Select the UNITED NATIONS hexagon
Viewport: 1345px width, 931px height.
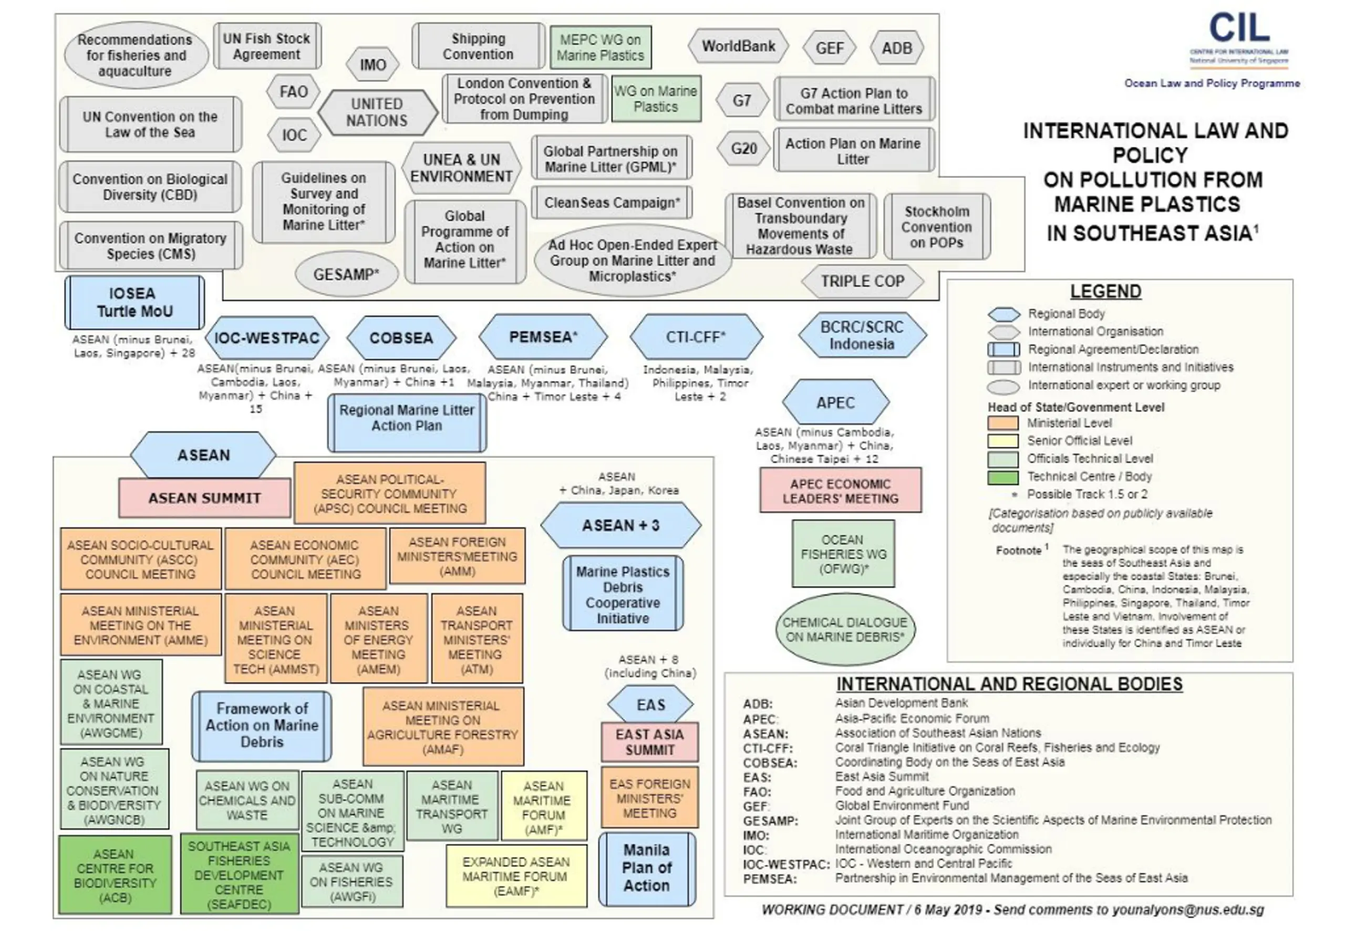[x=377, y=112]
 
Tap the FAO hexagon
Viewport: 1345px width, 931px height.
[x=293, y=91]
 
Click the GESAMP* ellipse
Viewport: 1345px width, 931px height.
[x=346, y=274]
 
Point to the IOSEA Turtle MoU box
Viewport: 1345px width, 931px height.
[x=134, y=302]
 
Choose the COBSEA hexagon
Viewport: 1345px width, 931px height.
[x=401, y=338]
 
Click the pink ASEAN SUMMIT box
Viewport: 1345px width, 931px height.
[x=204, y=498]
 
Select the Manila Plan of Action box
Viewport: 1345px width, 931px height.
[x=647, y=867]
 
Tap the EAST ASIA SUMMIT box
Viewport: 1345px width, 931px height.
[x=650, y=742]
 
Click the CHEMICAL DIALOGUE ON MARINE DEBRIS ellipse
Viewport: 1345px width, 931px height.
[x=844, y=629]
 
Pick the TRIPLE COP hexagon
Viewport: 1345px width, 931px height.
[x=862, y=281]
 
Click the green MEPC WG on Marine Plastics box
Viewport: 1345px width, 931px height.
[x=600, y=47]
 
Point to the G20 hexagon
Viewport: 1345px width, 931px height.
[x=743, y=149]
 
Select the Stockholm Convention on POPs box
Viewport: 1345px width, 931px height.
[x=937, y=227]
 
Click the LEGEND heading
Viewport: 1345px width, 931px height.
[x=1105, y=291]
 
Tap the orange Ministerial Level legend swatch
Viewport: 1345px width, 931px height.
[x=1002, y=423]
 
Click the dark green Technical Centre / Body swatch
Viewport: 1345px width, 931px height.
[x=1002, y=477]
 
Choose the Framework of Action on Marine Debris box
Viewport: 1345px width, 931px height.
[x=262, y=726]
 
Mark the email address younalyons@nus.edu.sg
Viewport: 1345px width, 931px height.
[x=1188, y=910]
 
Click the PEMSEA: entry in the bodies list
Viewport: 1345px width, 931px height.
[x=769, y=878]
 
